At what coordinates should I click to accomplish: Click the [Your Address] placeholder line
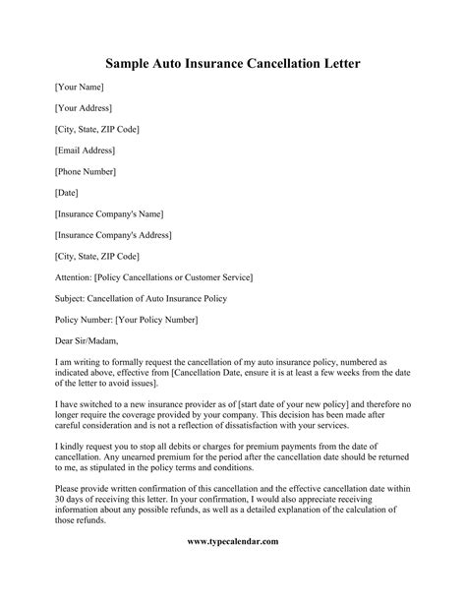click(84, 108)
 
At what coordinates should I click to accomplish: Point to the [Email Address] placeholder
click(86, 150)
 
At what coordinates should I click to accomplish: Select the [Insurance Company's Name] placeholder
click(109, 212)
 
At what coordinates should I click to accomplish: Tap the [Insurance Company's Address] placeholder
click(113, 234)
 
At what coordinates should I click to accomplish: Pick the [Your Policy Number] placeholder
click(156, 319)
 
